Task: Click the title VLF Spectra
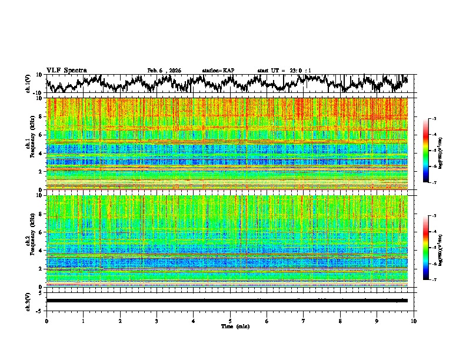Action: pos(66,70)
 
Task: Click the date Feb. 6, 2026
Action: pos(164,71)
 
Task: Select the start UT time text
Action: pos(284,71)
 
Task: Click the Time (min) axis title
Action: pos(230,326)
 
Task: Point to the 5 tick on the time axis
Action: pos(230,321)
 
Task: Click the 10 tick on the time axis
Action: pos(414,321)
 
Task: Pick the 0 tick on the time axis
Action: pos(46,321)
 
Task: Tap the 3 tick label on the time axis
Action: pos(157,321)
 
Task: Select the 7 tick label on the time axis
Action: pos(304,321)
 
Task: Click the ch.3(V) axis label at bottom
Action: pos(29,301)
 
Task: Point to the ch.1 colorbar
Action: pos(432,151)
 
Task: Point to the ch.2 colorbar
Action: pos(432,248)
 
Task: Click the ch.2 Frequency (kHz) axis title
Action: pos(30,241)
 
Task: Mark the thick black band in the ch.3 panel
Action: pos(227,301)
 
